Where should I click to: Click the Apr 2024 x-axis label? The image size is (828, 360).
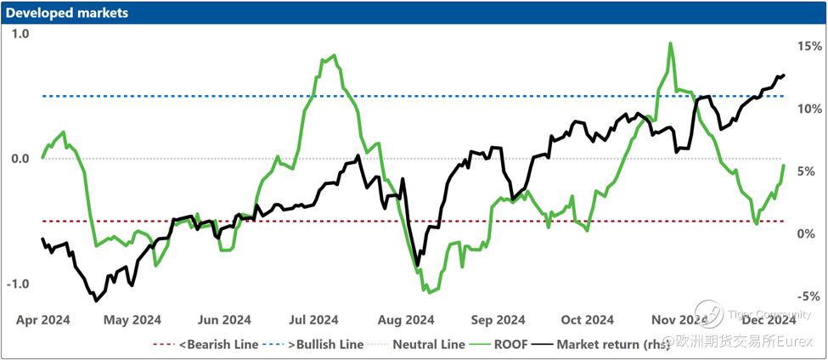pyautogui.click(x=43, y=320)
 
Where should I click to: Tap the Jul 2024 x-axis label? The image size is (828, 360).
pyautogui.click(x=313, y=320)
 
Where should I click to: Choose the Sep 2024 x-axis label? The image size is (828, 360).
pyautogui.click(x=498, y=320)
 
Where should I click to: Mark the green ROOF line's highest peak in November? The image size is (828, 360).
pyautogui.click(x=671, y=43)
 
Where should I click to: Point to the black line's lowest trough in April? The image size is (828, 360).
pyautogui.click(x=95, y=301)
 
